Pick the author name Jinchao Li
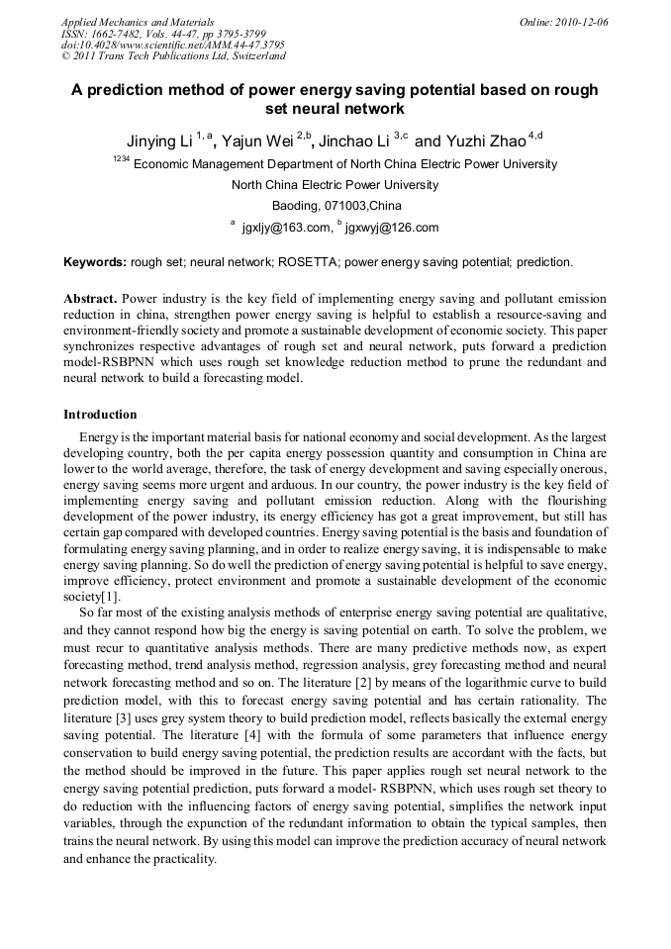[x=354, y=141]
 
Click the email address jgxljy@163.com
[x=286, y=228]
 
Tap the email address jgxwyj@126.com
[x=391, y=228]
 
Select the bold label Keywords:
[x=95, y=262]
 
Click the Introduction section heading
[x=100, y=414]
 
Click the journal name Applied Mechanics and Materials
[x=138, y=22]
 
